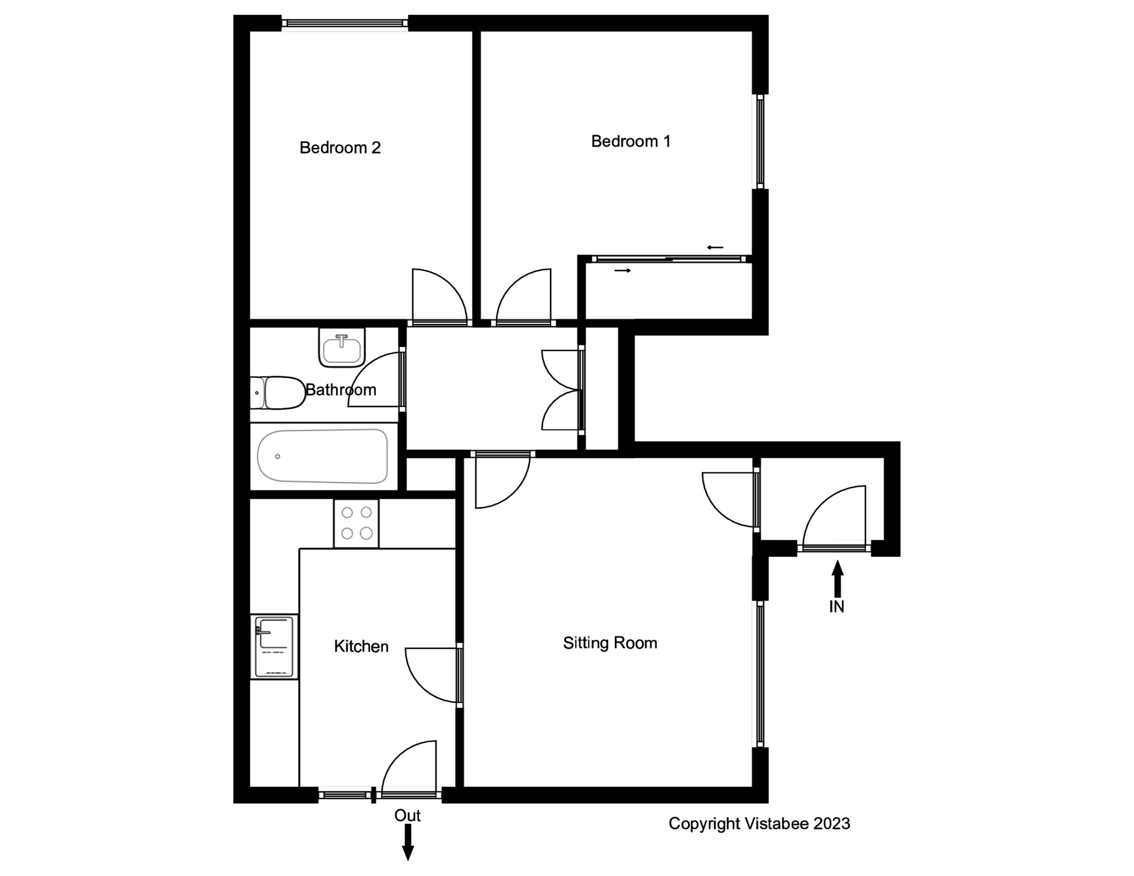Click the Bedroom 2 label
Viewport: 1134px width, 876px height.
340,148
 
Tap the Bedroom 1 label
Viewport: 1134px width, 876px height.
631,141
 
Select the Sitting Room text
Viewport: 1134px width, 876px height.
610,643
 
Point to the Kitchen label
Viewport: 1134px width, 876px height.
361,646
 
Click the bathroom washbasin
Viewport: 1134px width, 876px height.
342,348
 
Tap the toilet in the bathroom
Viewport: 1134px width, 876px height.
278,393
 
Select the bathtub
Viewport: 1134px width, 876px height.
323,456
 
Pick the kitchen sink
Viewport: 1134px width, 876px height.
274,647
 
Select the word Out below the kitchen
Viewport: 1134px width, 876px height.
407,816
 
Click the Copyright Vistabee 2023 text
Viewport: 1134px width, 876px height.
759,823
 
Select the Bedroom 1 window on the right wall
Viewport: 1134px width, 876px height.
760,141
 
